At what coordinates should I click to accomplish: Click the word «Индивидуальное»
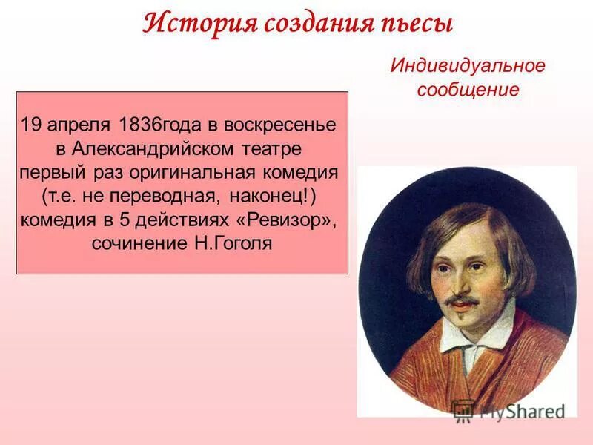point(468,65)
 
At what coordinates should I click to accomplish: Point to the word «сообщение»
point(468,90)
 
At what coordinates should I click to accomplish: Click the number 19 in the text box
point(31,124)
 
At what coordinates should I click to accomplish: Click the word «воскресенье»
point(278,124)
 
